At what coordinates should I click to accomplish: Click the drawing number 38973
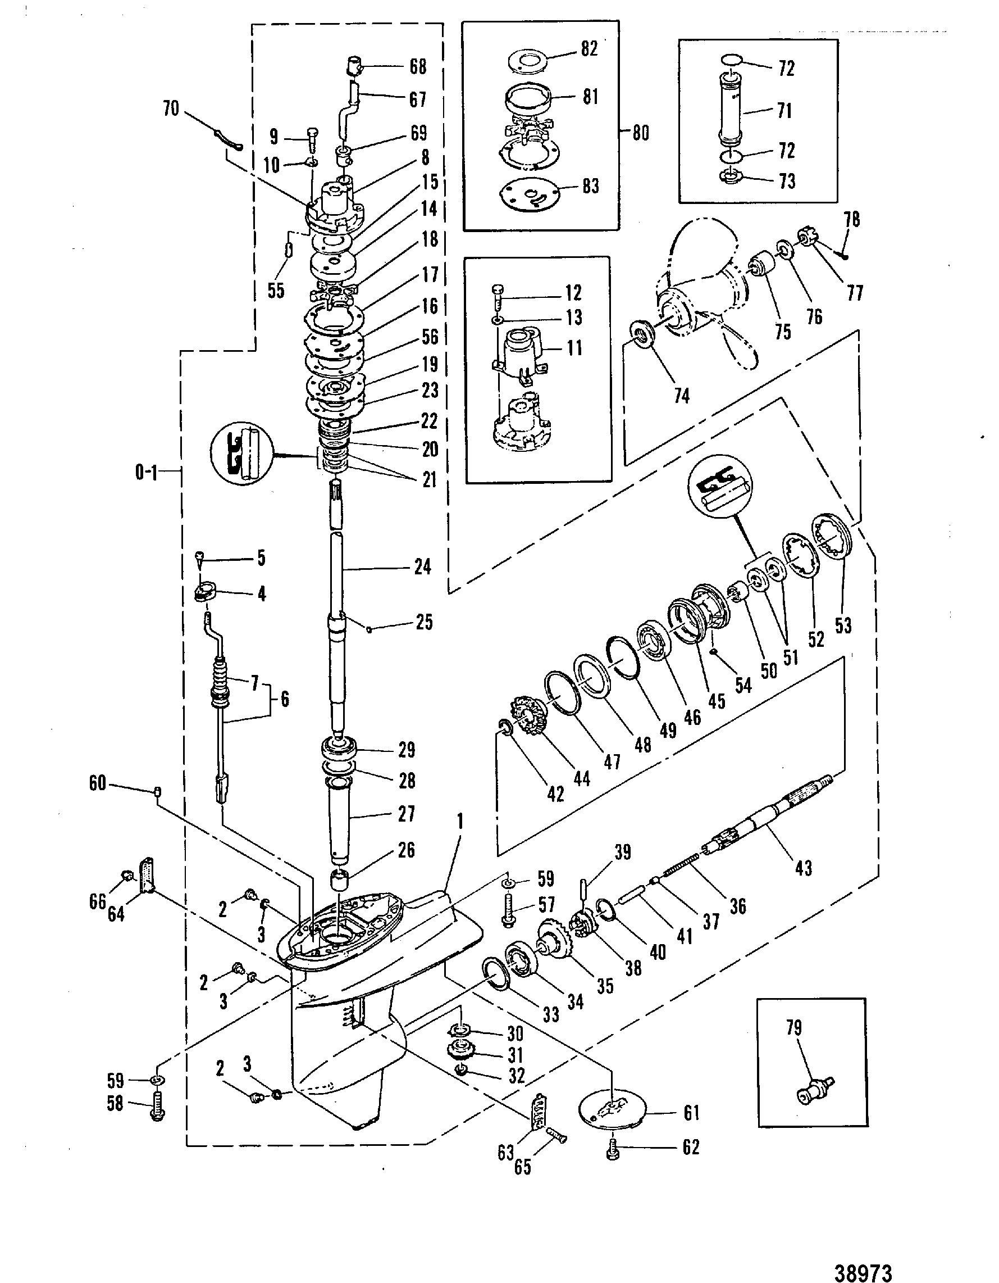click(863, 1272)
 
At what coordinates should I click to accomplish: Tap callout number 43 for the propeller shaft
click(803, 868)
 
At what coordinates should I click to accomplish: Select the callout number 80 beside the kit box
click(640, 133)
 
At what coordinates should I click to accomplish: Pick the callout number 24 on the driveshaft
click(423, 568)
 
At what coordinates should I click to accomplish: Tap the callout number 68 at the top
click(417, 67)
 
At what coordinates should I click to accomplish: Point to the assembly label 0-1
click(147, 472)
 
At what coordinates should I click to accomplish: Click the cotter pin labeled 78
click(843, 254)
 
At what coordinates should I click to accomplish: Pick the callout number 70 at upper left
click(171, 109)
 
